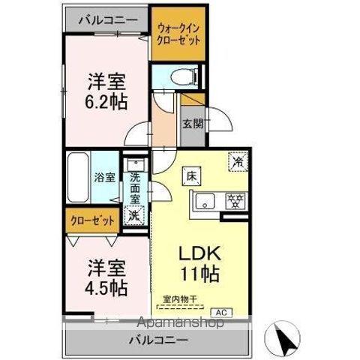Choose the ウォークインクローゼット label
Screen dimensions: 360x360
(178, 35)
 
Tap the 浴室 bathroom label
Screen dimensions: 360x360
(104, 178)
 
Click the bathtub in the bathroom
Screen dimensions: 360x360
(77, 178)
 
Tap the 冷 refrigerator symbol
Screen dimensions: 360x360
(238, 160)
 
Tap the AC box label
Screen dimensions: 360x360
(222, 311)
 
